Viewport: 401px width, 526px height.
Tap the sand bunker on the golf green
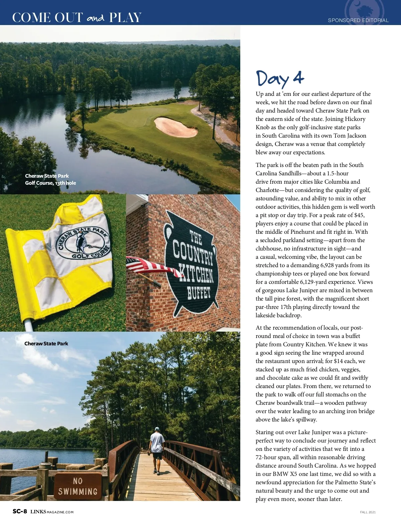[176, 127]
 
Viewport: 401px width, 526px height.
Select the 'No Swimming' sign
[78, 486]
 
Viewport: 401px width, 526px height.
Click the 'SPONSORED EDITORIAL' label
[358, 20]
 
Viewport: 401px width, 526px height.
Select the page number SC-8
[20, 511]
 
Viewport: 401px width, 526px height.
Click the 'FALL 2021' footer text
[368, 512]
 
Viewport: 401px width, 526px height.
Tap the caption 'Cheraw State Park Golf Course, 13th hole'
[50, 179]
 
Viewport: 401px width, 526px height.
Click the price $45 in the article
[359, 215]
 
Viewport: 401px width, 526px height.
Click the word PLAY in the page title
[125, 18]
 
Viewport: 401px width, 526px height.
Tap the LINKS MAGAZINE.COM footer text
[52, 512]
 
